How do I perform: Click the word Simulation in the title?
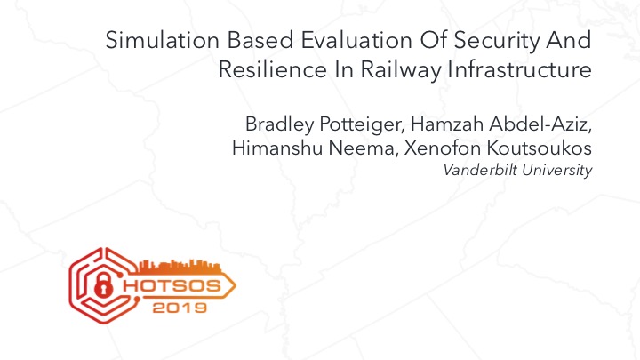tap(163, 40)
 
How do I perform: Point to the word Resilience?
tap(272, 69)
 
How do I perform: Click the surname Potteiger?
tap(362, 124)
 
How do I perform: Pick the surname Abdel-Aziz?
tap(540, 124)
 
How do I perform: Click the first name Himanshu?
tap(277, 148)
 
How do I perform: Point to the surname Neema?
tap(363, 148)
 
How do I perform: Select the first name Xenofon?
tap(443, 148)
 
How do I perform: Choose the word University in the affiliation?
tap(557, 171)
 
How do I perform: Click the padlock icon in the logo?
tap(103, 284)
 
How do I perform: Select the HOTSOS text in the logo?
tap(172, 285)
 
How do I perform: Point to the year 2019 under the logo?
tap(180, 308)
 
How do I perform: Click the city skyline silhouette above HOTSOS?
tap(180, 267)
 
